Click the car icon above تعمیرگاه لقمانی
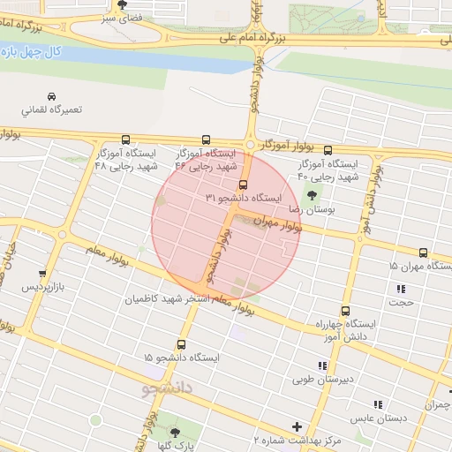click(x=51, y=95)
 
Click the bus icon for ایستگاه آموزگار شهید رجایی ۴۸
click(x=125, y=139)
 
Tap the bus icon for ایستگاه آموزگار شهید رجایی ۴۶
click(x=207, y=139)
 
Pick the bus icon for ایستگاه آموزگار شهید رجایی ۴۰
click(x=328, y=150)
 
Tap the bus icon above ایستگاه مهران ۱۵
click(x=424, y=252)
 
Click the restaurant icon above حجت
click(x=402, y=289)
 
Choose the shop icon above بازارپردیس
click(x=43, y=275)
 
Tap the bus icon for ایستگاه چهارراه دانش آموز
click(x=344, y=311)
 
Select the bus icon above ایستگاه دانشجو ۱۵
click(x=182, y=344)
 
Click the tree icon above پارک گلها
click(x=174, y=433)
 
